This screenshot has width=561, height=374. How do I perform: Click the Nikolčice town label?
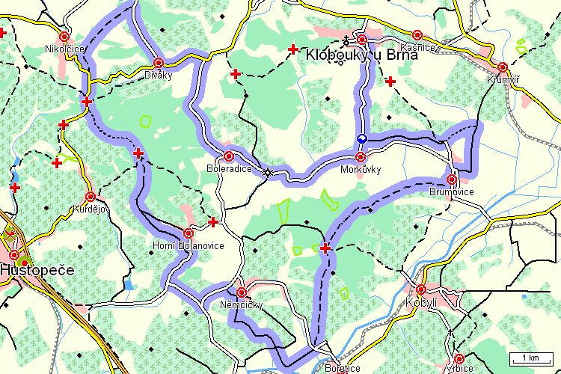tap(64, 49)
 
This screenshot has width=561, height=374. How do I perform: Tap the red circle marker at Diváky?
tap(159, 63)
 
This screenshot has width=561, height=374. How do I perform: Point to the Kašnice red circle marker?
tap(417, 34)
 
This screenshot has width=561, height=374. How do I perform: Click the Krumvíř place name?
tap(502, 79)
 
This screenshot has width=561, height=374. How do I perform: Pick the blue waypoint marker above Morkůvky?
tap(361, 138)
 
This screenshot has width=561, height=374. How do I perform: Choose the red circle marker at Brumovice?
tap(452, 179)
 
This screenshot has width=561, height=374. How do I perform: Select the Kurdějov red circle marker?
tap(91, 197)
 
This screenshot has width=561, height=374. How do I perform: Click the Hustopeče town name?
tap(37, 269)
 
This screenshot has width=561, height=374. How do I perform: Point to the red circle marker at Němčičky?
tap(241, 292)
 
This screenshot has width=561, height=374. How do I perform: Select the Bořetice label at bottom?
tap(343, 368)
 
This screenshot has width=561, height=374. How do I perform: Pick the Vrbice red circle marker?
tap(459, 358)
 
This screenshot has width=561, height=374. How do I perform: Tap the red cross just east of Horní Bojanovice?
tap(213, 222)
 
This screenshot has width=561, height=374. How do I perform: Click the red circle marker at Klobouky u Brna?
tap(362, 39)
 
